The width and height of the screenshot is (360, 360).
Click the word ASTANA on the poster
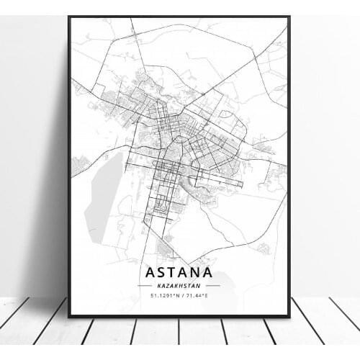(179, 273)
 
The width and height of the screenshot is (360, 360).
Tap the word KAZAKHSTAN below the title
(179, 286)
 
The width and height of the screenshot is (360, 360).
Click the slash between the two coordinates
(180, 295)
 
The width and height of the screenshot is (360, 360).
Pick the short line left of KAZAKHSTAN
(144, 286)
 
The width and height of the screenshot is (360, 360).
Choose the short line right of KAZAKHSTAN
(213, 286)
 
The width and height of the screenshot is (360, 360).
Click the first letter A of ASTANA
(149, 273)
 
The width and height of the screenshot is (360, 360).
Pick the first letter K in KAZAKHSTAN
(157, 286)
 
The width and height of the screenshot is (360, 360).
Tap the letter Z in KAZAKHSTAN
(166, 286)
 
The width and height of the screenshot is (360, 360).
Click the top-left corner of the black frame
(69, 17)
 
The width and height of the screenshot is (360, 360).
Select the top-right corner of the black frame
(289, 17)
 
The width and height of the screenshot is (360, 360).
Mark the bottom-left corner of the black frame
(69, 316)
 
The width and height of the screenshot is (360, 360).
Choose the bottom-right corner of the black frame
(289, 316)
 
